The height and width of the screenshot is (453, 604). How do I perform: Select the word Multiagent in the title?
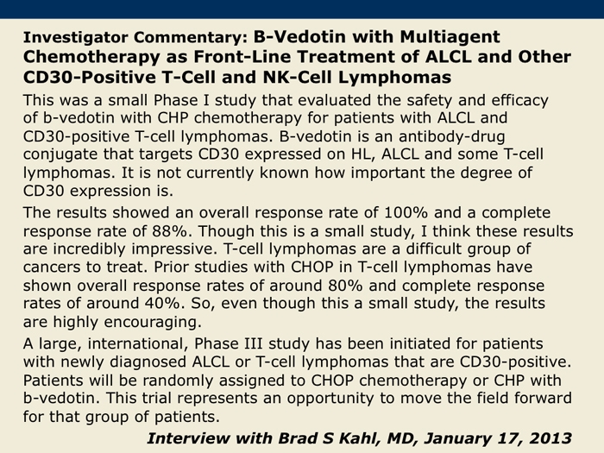coord(450,37)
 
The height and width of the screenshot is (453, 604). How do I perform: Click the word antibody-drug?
coord(451,137)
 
